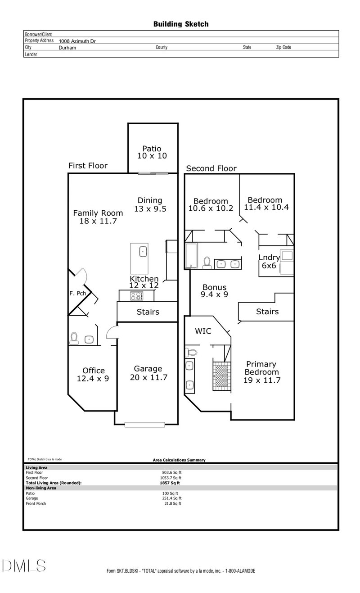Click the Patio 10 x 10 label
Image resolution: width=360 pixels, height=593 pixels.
[152, 152]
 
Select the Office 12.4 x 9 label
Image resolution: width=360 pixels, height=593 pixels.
[93, 374]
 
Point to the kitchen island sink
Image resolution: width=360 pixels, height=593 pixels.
[143, 252]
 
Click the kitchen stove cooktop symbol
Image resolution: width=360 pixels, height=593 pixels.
[136, 296]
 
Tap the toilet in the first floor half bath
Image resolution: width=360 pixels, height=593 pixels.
[74, 338]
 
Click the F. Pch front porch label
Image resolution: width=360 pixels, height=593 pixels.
[77, 293]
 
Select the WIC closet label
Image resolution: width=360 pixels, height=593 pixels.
[203, 331]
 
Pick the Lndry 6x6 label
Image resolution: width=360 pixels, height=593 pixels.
[269, 261]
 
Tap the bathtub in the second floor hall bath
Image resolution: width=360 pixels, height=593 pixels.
[191, 255]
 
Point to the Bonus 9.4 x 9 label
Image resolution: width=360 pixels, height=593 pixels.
[214, 291]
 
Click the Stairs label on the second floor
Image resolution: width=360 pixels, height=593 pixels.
[267, 312]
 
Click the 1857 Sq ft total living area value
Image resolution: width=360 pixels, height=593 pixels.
[170, 483]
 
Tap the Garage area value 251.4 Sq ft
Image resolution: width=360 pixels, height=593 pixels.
[171, 498]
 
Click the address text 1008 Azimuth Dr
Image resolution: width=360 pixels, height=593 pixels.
[77, 41]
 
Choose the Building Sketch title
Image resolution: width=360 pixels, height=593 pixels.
[181, 24]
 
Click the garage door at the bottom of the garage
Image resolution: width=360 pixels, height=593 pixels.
[145, 425]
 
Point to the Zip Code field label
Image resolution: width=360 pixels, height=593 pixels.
[283, 47]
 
